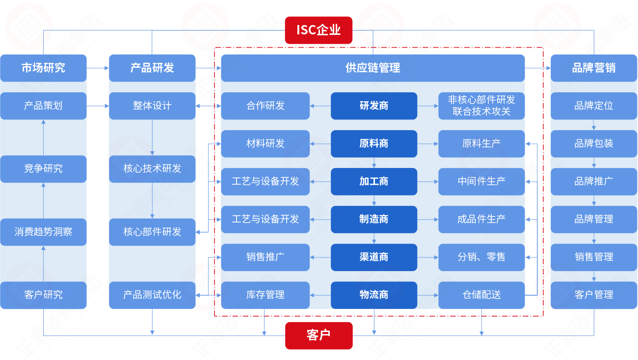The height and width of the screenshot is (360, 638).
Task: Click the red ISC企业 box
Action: click(319, 30)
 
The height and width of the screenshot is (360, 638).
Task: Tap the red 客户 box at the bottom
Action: click(319, 335)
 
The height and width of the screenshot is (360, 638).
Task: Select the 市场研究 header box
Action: click(43, 68)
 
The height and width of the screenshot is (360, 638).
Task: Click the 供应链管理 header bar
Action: click(372, 68)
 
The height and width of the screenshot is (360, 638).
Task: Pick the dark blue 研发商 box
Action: click(373, 106)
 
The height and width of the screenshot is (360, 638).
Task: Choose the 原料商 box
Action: click(373, 143)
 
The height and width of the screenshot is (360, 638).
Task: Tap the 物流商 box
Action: click(373, 295)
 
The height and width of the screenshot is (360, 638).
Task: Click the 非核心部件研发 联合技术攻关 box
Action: click(481, 106)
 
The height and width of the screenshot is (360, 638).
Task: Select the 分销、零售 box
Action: click(481, 257)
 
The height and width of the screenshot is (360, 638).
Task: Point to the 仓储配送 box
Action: click(481, 295)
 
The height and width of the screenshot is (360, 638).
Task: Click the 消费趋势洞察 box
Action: click(43, 232)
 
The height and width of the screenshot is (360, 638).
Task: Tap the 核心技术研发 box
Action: click(152, 168)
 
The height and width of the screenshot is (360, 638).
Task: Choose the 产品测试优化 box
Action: click(152, 295)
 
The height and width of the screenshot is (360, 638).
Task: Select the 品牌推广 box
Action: click(594, 181)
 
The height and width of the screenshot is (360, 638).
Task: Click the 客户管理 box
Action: click(594, 295)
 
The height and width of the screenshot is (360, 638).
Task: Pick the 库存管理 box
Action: click(265, 295)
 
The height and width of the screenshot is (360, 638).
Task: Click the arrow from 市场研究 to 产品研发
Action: click(98, 68)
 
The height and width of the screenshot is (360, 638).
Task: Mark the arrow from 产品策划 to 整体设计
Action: click(98, 106)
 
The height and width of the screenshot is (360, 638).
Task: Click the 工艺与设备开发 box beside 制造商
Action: click(265, 219)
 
